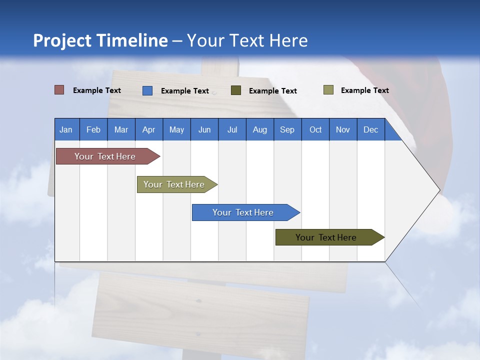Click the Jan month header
66,129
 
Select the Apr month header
149,129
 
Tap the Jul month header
232,129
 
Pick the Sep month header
287,129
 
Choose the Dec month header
370,129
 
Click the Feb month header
93,129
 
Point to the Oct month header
315,129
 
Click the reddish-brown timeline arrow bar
105,156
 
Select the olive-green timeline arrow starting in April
174,184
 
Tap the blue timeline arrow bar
243,212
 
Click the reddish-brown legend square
59,90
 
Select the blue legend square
147,90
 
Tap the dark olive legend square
236,90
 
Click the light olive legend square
328,90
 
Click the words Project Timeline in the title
100,40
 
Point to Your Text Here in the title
247,40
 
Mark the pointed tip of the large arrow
438,190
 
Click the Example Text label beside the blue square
184,91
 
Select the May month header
176,129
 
